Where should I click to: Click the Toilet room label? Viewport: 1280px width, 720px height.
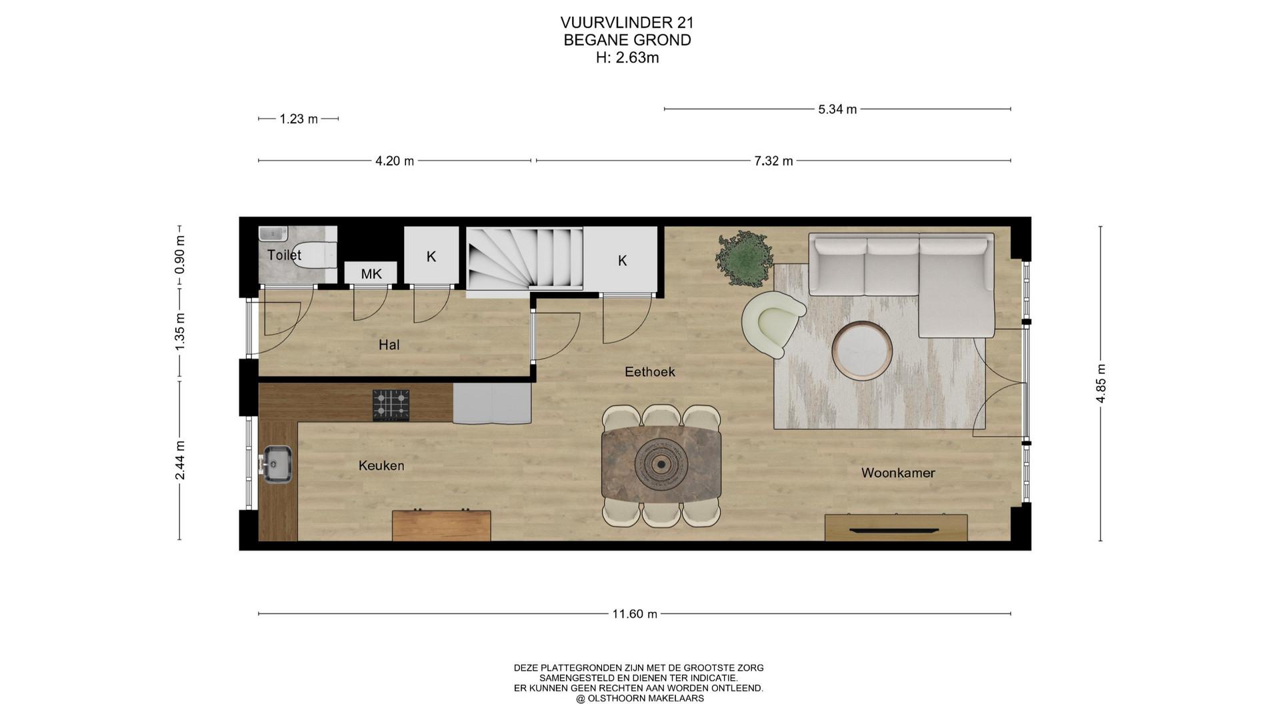pyautogui.click(x=284, y=255)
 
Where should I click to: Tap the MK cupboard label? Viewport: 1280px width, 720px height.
pyautogui.click(x=371, y=274)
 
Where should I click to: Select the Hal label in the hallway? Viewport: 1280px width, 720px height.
pyautogui.click(x=389, y=345)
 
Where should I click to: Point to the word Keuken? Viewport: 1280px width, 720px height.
pyautogui.click(x=381, y=465)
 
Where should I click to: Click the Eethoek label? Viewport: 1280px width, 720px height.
pyautogui.click(x=650, y=372)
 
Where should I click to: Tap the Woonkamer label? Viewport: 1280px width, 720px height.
pyautogui.click(x=898, y=473)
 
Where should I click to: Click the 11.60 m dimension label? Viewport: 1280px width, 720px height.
pyautogui.click(x=635, y=614)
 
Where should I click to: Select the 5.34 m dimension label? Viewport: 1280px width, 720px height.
pyautogui.click(x=837, y=109)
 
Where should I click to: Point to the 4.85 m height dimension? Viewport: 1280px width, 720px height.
pyautogui.click(x=1101, y=383)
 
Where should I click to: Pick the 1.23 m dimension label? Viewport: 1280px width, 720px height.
pyautogui.click(x=299, y=119)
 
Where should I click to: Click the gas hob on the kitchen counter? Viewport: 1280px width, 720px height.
pyautogui.click(x=391, y=405)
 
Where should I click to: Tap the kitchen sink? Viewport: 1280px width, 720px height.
pyautogui.click(x=276, y=464)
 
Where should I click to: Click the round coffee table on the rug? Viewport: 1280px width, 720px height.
pyautogui.click(x=862, y=351)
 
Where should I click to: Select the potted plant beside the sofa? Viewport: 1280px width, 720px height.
pyautogui.click(x=745, y=258)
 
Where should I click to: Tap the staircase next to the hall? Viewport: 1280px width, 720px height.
pyautogui.click(x=525, y=258)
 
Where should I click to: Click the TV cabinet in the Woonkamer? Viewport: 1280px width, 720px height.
pyautogui.click(x=896, y=527)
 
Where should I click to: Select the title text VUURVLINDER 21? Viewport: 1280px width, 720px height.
pyautogui.click(x=627, y=23)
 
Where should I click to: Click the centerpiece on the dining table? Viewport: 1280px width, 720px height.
pyautogui.click(x=661, y=464)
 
